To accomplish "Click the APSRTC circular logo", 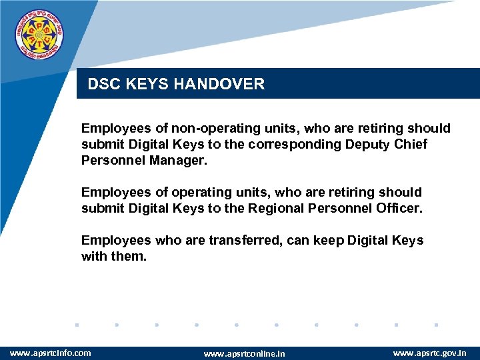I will (40, 33).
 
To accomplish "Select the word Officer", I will (398, 208).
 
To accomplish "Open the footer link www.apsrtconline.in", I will (243, 353).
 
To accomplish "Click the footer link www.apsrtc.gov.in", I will (430, 353).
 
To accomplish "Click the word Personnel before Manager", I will (109, 160).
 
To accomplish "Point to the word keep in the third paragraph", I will (305, 240).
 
